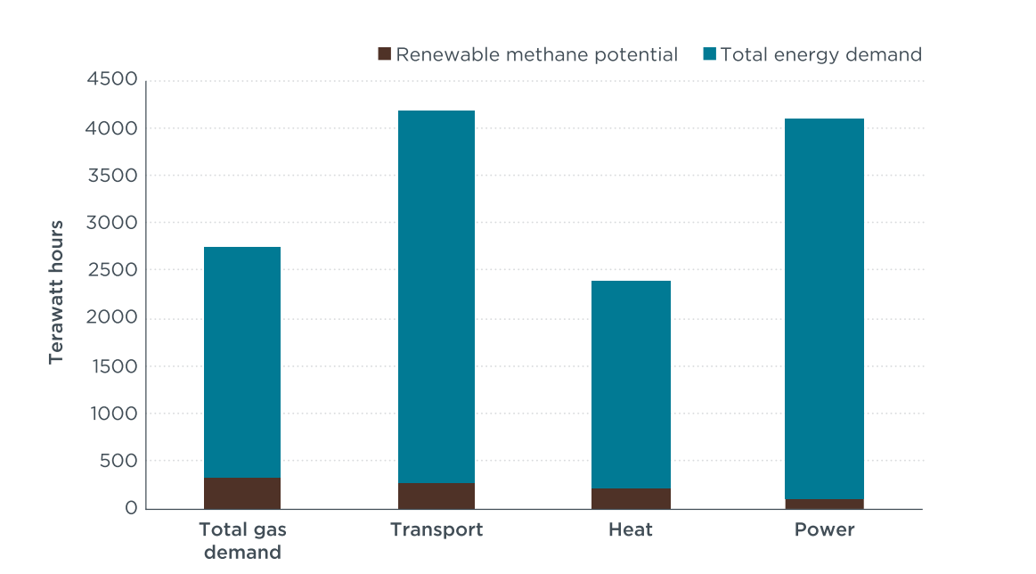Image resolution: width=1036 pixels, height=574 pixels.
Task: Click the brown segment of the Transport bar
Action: pyautogui.click(x=436, y=496)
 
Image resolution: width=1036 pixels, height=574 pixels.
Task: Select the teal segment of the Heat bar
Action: pyautogui.click(x=631, y=385)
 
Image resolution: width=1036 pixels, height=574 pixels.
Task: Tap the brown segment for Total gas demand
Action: pyautogui.click(x=242, y=493)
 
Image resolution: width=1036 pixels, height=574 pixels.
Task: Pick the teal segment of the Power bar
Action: pyautogui.click(x=825, y=308)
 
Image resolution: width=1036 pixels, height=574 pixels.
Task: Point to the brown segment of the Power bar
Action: pyautogui.click(x=825, y=504)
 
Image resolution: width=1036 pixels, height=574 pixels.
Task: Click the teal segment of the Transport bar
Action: pyautogui.click(x=436, y=297)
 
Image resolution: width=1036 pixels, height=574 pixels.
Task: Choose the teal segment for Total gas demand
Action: pyautogui.click(x=242, y=363)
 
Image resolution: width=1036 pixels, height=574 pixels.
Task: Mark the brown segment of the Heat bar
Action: pyautogui.click(x=631, y=498)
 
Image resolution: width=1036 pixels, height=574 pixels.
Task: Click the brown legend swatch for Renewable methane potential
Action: pyautogui.click(x=385, y=53)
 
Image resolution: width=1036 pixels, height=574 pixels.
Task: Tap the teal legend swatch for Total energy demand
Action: pyautogui.click(x=710, y=53)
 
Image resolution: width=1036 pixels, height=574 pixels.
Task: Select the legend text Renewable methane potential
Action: pyautogui.click(x=537, y=54)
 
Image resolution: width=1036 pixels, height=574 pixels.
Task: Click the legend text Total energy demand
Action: pyautogui.click(x=821, y=54)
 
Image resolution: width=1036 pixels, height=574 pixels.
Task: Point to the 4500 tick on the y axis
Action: pyautogui.click(x=112, y=78)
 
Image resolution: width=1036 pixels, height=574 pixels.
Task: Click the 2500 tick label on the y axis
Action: pyautogui.click(x=112, y=270)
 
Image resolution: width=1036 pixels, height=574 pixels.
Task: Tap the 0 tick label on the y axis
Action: pyautogui.click(x=132, y=508)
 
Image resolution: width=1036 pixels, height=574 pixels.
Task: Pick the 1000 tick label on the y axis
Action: pyautogui.click(x=114, y=414)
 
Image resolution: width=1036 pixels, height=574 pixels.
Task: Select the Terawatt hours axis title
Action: pyautogui.click(x=55, y=292)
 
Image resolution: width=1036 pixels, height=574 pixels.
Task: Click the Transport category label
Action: pyautogui.click(x=436, y=529)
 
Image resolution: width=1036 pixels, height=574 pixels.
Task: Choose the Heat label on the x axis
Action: pyautogui.click(x=631, y=529)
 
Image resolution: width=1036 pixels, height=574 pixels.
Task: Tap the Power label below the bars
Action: pyautogui.click(x=825, y=529)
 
